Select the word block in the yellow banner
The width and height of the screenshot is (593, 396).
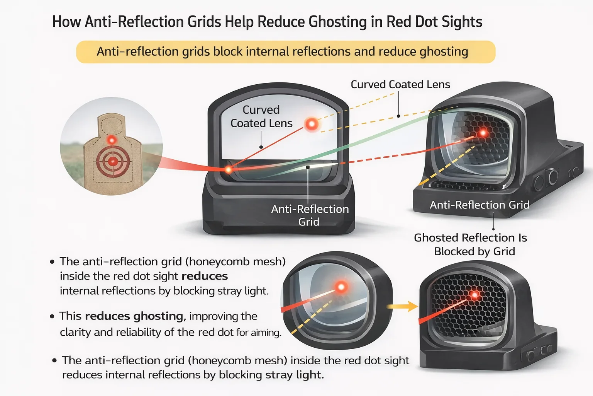(228, 51)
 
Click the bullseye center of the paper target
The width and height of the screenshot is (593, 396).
(113, 161)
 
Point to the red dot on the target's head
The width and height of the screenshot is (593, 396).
(112, 140)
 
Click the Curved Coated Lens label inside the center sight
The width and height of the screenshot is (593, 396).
(261, 116)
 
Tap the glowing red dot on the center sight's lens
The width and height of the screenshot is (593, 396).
(312, 124)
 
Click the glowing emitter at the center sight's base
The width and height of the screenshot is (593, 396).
(228, 170)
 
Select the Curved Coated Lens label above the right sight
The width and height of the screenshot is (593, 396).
(400, 84)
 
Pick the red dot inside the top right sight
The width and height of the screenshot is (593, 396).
(483, 132)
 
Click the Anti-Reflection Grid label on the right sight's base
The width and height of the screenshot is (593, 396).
(479, 205)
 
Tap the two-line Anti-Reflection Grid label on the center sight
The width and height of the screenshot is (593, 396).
(310, 215)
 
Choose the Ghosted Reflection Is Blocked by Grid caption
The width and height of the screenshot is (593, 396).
(471, 244)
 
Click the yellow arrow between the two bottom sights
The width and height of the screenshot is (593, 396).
(402, 307)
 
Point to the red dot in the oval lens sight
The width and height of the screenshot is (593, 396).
(341, 287)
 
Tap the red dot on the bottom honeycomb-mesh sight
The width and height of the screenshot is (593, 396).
(474, 295)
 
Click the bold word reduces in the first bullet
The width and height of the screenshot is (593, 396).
(205, 276)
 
